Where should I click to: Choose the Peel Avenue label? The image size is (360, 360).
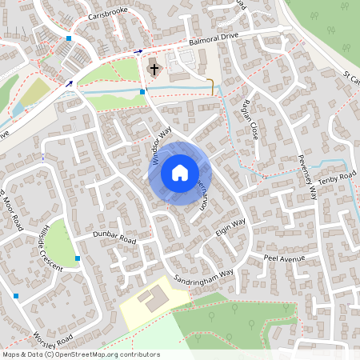tap(286, 259)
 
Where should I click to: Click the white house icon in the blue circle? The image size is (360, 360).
tap(180, 172)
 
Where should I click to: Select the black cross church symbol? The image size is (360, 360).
tap(154, 70)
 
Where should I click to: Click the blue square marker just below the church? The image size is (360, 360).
tap(142, 92)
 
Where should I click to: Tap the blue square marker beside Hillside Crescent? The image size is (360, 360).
tap(78, 258)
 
